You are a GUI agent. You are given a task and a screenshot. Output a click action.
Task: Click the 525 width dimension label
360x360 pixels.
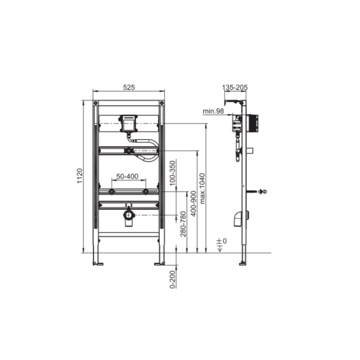(129, 87)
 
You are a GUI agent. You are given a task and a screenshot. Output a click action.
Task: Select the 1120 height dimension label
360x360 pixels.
(79, 175)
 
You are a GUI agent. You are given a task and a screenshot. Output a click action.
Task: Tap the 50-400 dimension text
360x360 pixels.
(127, 176)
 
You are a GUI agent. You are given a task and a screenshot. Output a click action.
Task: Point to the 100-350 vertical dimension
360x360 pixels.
(172, 172)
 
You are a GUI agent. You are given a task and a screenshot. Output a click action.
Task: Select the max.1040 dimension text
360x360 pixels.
(202, 188)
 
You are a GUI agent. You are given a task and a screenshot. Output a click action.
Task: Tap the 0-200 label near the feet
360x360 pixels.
(172, 279)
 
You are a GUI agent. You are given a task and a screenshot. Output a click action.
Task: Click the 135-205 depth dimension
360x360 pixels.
(234, 87)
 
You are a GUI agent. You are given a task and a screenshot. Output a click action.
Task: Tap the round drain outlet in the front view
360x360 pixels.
(129, 216)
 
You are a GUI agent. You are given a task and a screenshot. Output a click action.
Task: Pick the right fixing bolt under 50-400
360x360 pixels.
(145, 191)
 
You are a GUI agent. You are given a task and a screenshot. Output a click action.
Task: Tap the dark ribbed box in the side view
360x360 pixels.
(253, 122)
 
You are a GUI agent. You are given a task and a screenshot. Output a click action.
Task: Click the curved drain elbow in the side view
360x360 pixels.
(238, 217)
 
